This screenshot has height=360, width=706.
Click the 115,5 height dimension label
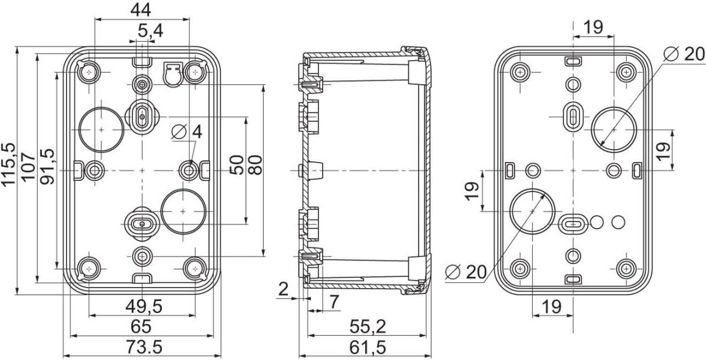point(8,164)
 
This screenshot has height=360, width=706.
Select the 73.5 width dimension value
point(142,348)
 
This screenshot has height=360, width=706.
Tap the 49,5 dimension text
point(144,307)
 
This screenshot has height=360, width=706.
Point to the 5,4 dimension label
point(150,32)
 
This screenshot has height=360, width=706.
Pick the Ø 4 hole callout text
point(187,131)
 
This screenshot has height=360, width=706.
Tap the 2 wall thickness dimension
point(283,289)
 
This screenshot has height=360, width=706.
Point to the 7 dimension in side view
point(334,302)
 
